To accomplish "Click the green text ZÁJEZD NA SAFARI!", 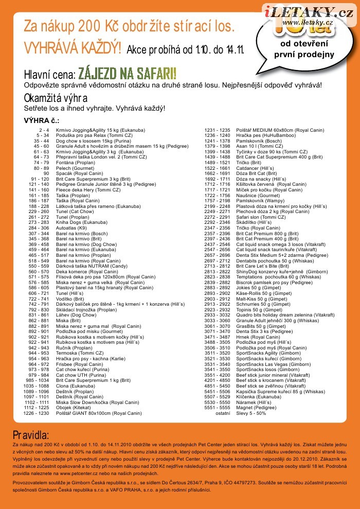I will click(128, 73).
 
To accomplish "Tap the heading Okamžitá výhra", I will click(56, 98).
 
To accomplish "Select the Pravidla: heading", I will click(31, 435).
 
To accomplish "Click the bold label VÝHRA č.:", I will click(42, 120).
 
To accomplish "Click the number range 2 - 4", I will click(44, 130).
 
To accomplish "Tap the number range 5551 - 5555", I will click(218, 407).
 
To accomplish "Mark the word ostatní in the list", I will click(223, 413).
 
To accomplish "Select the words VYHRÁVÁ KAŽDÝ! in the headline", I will click(73, 48).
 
